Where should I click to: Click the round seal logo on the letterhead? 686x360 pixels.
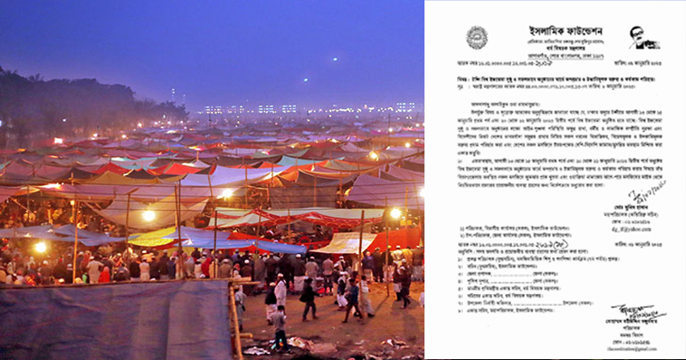pyautogui.click(x=478, y=37)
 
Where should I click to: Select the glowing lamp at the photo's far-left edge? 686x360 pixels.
pyautogui.click(x=39, y=247)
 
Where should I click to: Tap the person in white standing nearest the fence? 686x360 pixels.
pyautogui.click(x=280, y=291)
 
